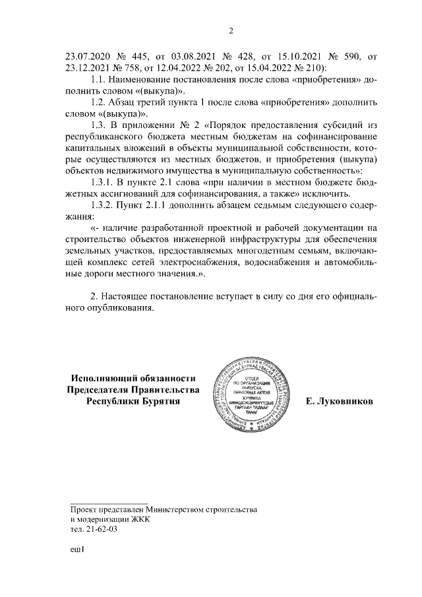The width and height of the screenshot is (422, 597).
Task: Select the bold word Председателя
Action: point(104,389)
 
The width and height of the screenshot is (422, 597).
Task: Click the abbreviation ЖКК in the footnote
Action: point(140,519)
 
